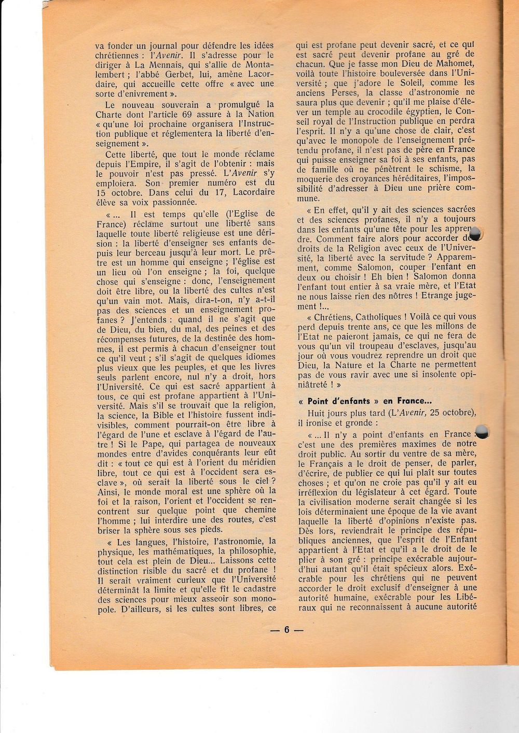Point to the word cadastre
tap(255, 589)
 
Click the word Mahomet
tap(450, 64)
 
